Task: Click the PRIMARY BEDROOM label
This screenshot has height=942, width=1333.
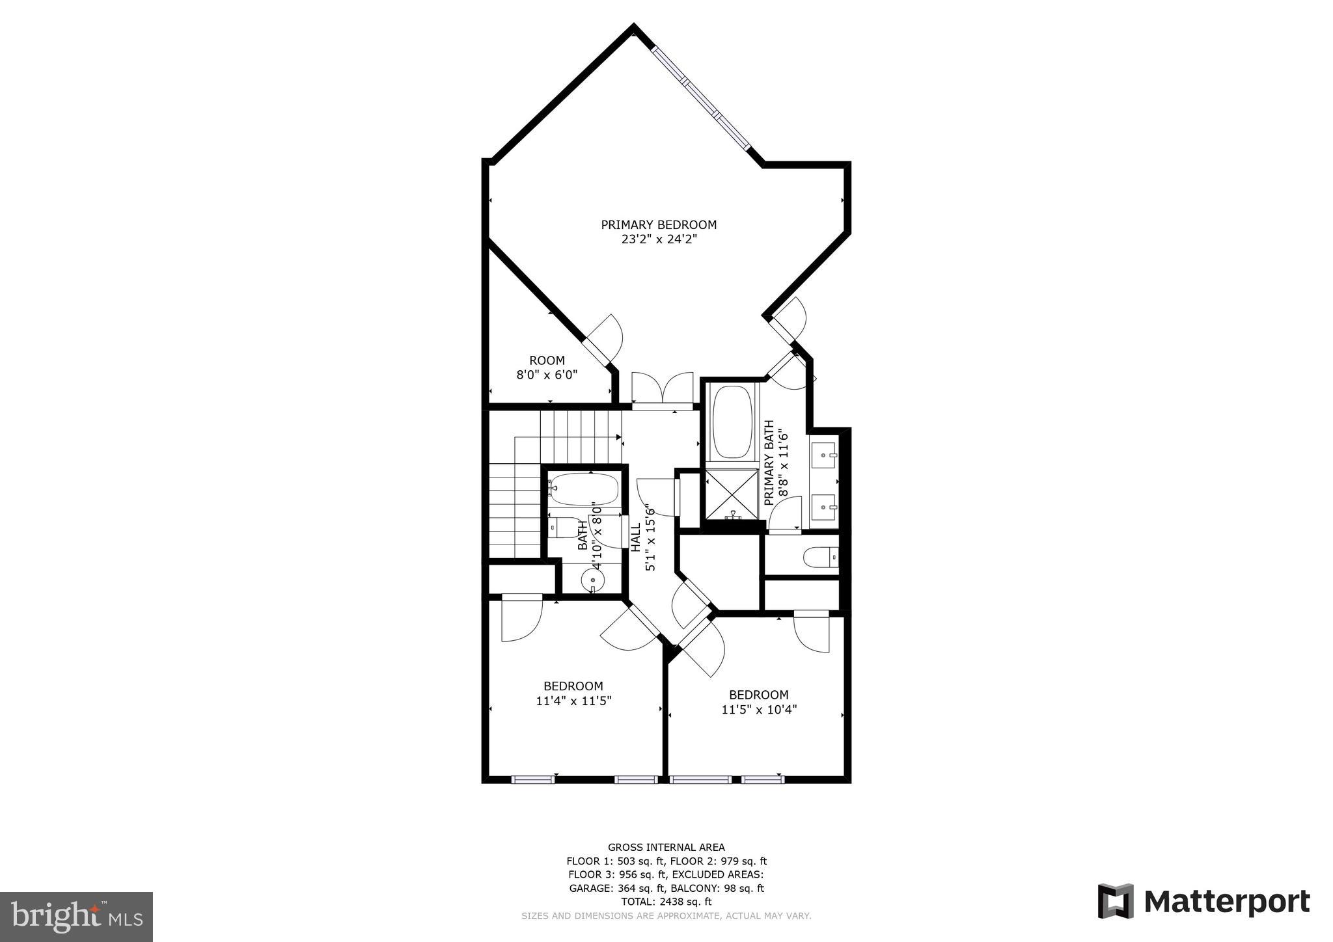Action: pyautogui.click(x=658, y=225)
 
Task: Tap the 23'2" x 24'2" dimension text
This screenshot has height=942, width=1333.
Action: pyautogui.click(x=658, y=239)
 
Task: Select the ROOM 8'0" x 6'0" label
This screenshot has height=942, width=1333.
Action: pyautogui.click(x=547, y=368)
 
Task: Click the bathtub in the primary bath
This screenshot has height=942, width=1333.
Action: pyautogui.click(x=732, y=422)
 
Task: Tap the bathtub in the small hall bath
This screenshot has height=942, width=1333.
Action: pyautogui.click(x=584, y=489)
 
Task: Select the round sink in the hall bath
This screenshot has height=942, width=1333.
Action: pyautogui.click(x=593, y=578)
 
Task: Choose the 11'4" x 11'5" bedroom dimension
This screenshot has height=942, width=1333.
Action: pyautogui.click(x=573, y=701)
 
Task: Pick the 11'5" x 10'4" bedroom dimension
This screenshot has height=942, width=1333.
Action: pyautogui.click(x=759, y=710)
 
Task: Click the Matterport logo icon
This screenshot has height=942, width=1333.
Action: pyautogui.click(x=1116, y=902)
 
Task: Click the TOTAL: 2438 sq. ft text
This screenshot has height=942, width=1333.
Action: pyautogui.click(x=666, y=902)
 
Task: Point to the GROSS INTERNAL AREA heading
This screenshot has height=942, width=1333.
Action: pyautogui.click(x=666, y=847)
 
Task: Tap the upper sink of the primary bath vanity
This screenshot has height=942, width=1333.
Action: pyautogui.click(x=825, y=451)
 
